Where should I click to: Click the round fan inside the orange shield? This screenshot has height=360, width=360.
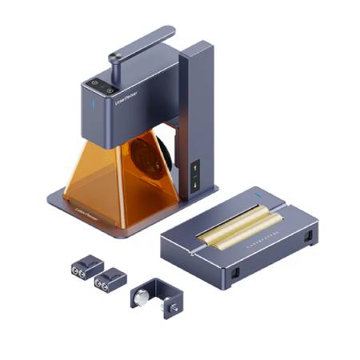(149, 159)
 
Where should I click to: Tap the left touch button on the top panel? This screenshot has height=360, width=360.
(95, 82)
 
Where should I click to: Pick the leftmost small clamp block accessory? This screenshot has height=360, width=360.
(86, 266)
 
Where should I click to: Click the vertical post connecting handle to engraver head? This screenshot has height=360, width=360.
(114, 68)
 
